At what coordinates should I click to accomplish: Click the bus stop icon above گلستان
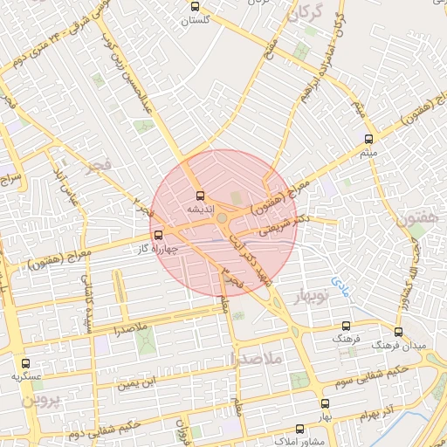click(196, 7)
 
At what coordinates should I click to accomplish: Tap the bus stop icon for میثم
click(368, 140)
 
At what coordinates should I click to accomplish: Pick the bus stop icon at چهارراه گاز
click(158, 235)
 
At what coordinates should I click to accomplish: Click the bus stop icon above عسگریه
click(24, 363)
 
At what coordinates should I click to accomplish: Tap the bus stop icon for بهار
click(325, 403)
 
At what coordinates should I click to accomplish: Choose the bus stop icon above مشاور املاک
click(300, 430)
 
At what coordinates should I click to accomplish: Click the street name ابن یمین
click(141, 382)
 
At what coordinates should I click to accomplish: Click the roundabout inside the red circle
click(223, 218)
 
